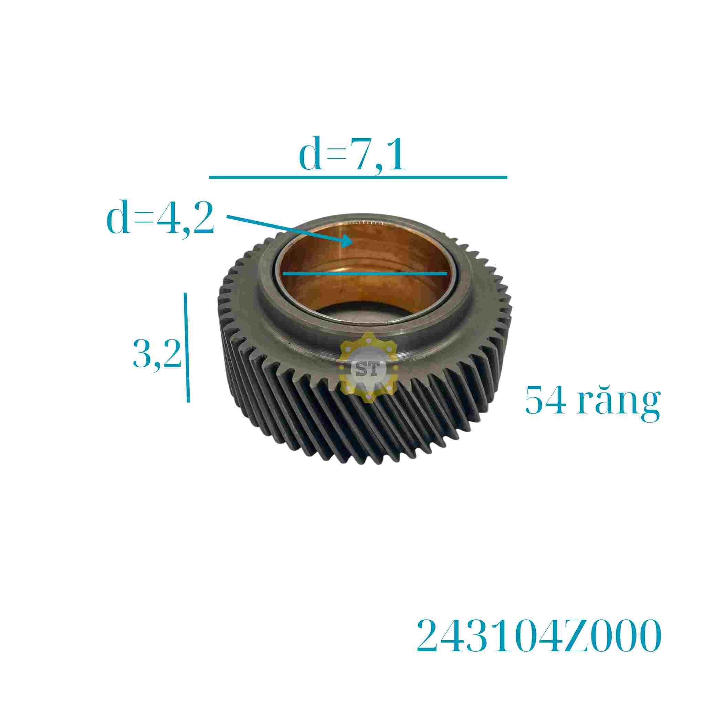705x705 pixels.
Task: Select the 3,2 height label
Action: (157, 353)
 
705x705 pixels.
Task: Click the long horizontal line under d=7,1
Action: (358, 177)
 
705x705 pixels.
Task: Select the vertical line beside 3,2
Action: (187, 347)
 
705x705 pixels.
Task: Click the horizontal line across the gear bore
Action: (365, 273)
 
